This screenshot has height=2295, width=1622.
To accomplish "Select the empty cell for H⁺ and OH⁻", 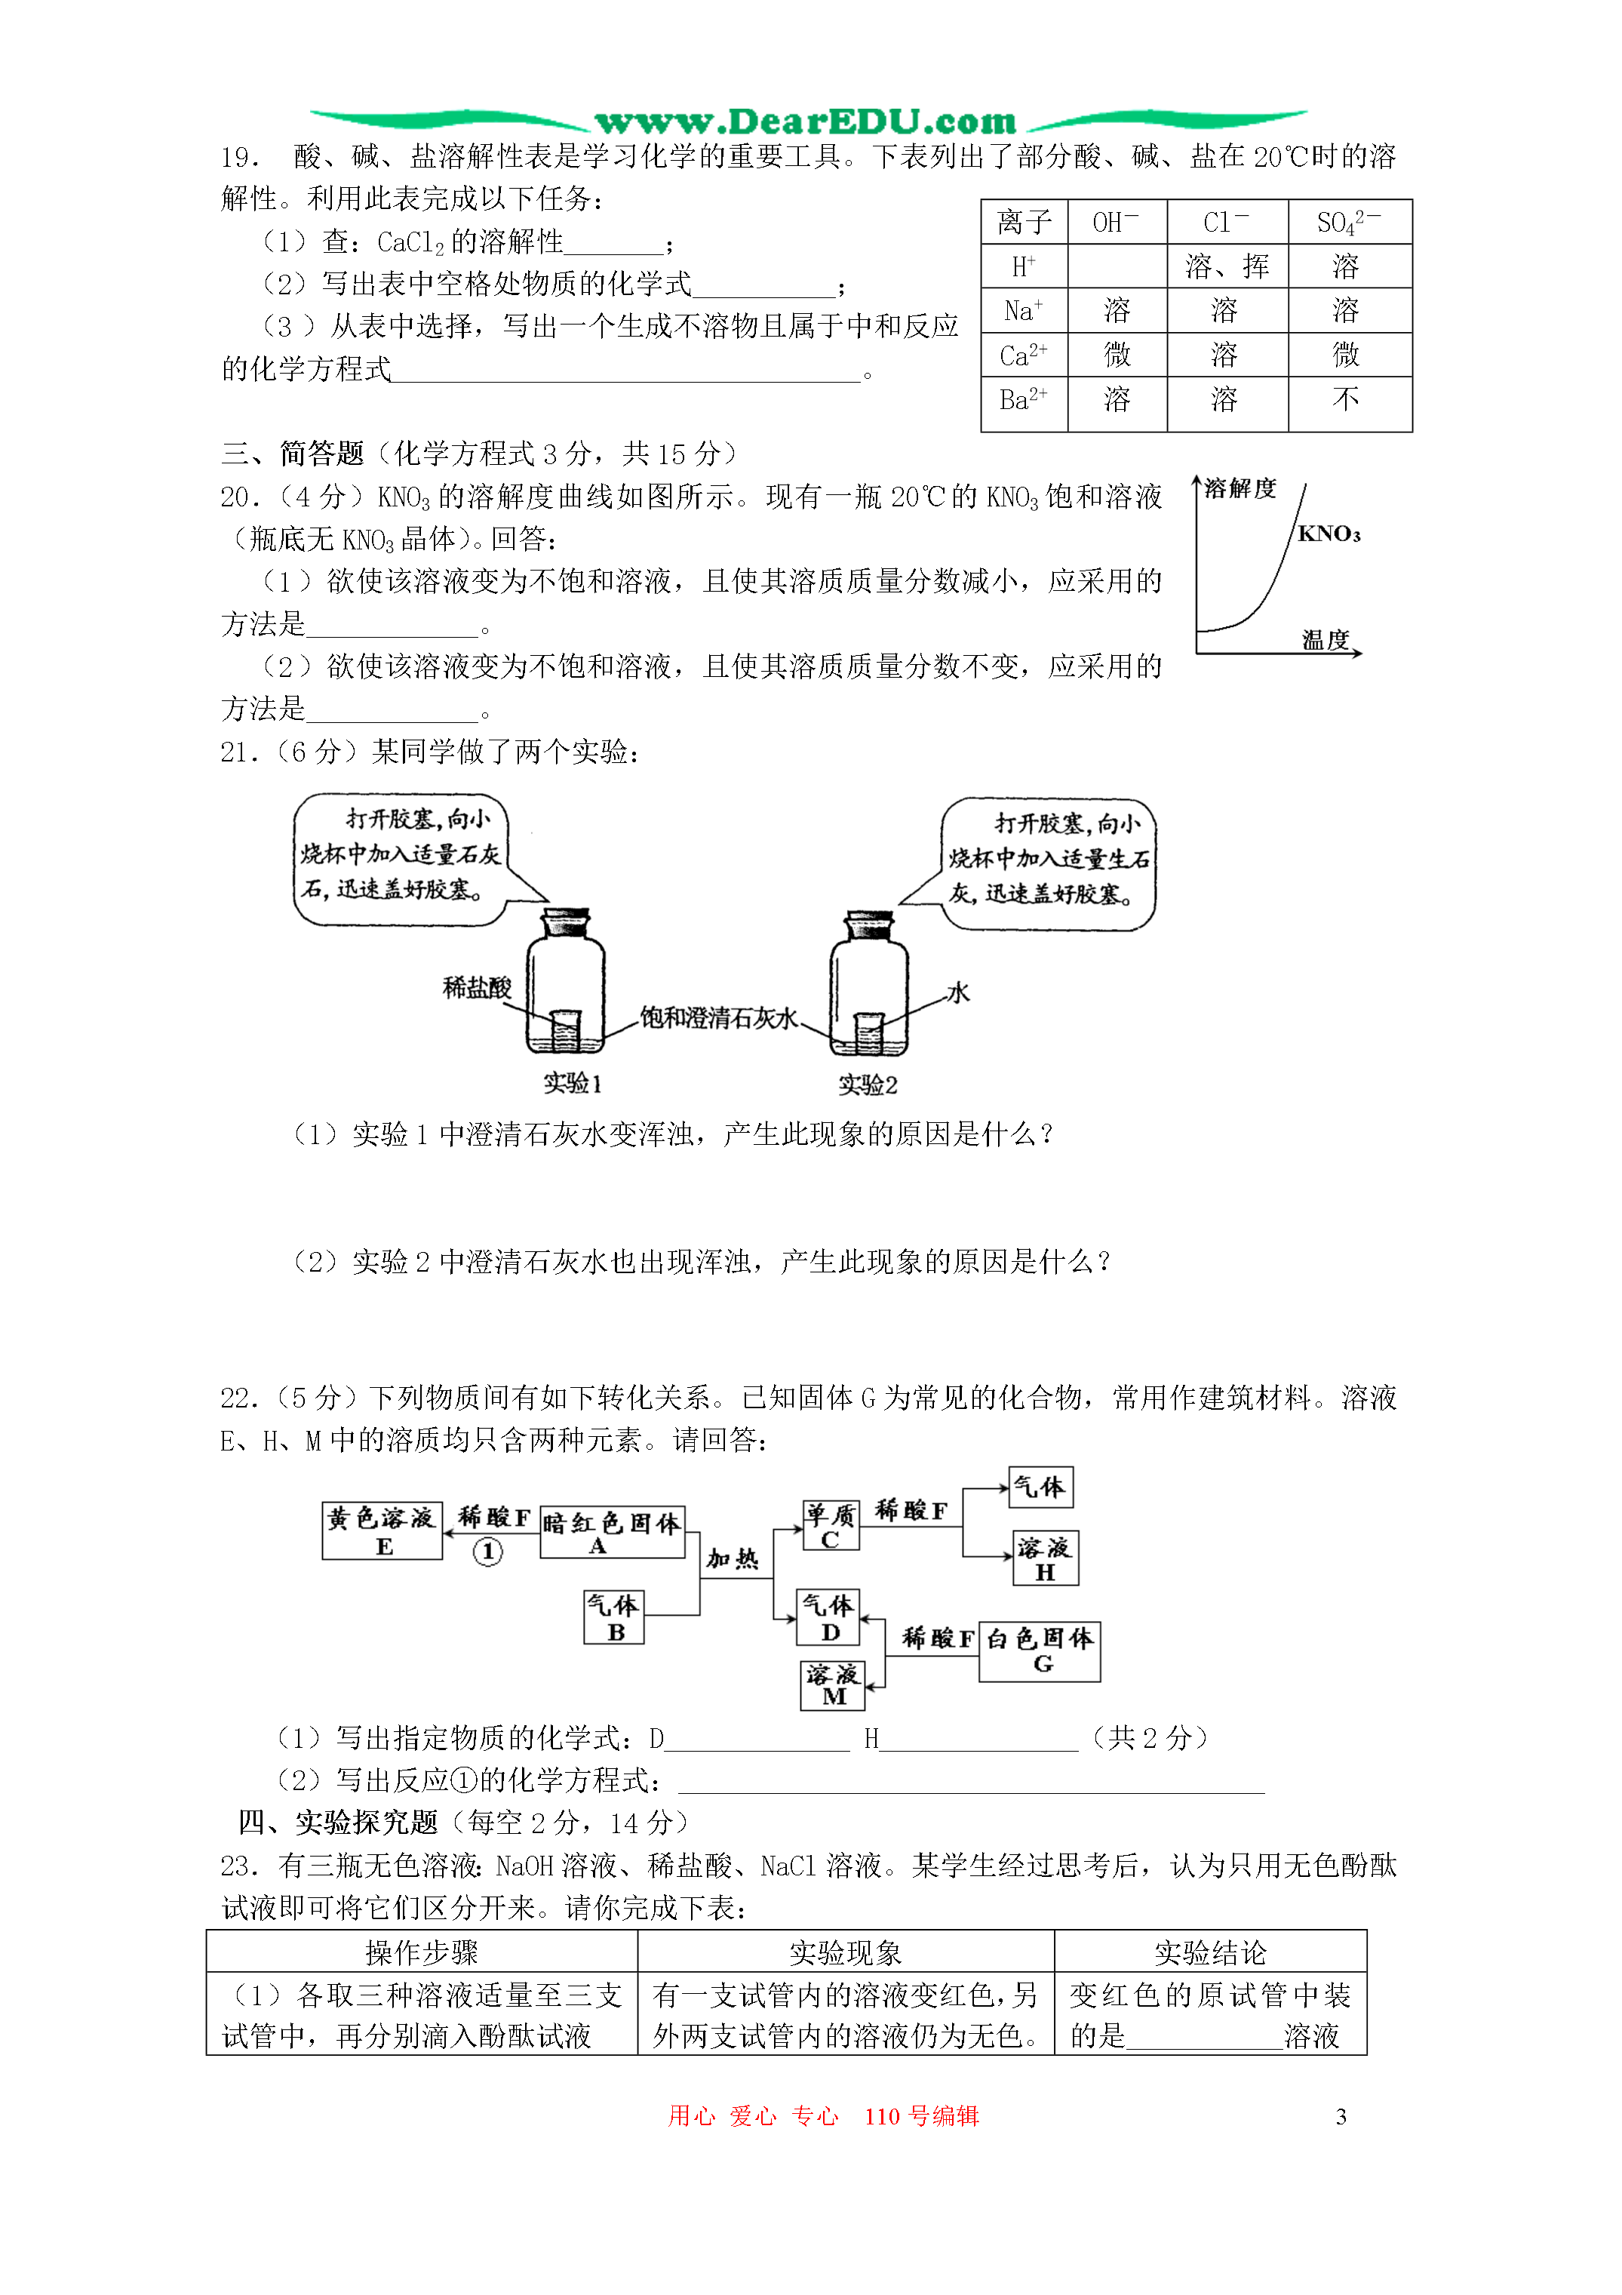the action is tap(1117, 266).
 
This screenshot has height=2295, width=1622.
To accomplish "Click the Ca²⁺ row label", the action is tap(1025, 355).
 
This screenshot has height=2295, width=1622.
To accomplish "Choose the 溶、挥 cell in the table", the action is tap(1227, 266).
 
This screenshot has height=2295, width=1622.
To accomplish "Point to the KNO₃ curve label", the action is tap(1329, 534).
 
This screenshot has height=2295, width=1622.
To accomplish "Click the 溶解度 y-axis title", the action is tap(1240, 488).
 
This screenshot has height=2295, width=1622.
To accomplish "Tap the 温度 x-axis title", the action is tap(1326, 640).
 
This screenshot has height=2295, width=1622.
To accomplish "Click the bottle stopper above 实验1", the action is tap(566, 921).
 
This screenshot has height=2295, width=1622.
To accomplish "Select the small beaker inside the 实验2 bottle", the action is tap(868, 1032).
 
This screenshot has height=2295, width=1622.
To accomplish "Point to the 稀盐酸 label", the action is tap(477, 988).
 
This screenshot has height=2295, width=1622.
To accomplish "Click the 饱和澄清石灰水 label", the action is tap(718, 1017).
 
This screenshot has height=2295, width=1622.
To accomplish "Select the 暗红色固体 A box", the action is tap(612, 1532).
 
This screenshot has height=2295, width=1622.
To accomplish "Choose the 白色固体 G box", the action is tap(1040, 1651).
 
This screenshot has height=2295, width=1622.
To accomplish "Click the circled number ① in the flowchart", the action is tap(487, 1552).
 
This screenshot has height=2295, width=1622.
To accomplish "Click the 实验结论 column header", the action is tap(1210, 1952).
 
